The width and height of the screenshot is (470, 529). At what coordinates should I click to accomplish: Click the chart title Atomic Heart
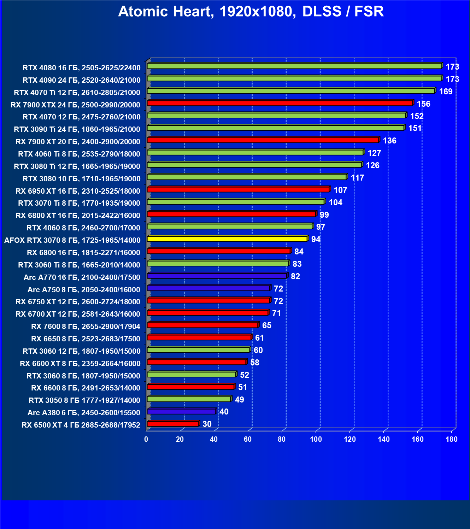(x=251, y=12)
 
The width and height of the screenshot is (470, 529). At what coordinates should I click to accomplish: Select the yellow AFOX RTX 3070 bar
(x=227, y=239)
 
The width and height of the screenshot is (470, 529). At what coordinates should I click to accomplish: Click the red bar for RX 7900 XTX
(x=280, y=103)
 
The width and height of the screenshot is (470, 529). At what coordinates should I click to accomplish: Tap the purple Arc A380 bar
(x=181, y=411)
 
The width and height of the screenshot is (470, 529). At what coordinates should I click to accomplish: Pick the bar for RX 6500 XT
(x=173, y=424)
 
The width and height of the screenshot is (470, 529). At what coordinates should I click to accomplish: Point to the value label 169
(x=446, y=92)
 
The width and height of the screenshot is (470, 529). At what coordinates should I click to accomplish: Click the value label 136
(x=389, y=141)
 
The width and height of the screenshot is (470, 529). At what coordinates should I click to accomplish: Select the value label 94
(x=316, y=239)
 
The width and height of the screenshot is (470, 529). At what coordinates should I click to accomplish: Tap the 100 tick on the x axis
(x=316, y=439)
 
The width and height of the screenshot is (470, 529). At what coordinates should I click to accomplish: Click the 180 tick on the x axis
(x=452, y=439)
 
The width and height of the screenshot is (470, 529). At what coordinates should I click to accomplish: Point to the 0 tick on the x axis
(x=146, y=439)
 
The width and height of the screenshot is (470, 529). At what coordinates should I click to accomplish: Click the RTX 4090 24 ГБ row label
(x=82, y=80)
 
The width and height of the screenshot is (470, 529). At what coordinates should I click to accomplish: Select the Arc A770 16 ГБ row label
(x=82, y=277)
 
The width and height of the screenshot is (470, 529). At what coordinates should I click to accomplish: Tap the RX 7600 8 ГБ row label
(x=86, y=327)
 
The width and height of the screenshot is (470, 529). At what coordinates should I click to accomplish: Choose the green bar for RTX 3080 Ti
(x=254, y=165)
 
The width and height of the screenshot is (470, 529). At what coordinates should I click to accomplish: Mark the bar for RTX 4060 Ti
(x=255, y=152)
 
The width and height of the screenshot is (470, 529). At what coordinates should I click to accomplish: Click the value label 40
(x=224, y=412)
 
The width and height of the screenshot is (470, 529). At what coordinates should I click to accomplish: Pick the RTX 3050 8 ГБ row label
(x=84, y=400)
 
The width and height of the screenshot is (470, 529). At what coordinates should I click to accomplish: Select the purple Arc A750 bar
(x=208, y=288)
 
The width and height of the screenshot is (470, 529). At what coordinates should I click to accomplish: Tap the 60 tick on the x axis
(x=248, y=439)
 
